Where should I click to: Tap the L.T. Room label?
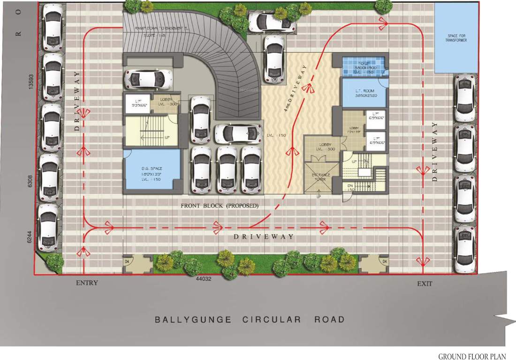click(364, 92)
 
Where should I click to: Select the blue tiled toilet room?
click(364, 66)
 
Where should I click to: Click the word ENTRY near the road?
click(87, 283)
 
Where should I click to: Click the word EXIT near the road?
click(425, 284)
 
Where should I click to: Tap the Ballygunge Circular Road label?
click(250, 320)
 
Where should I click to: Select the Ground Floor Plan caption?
click(474, 357)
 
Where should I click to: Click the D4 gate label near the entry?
click(127, 261)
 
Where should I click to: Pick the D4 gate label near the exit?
click(384, 261)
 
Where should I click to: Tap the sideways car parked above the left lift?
click(149, 79)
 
